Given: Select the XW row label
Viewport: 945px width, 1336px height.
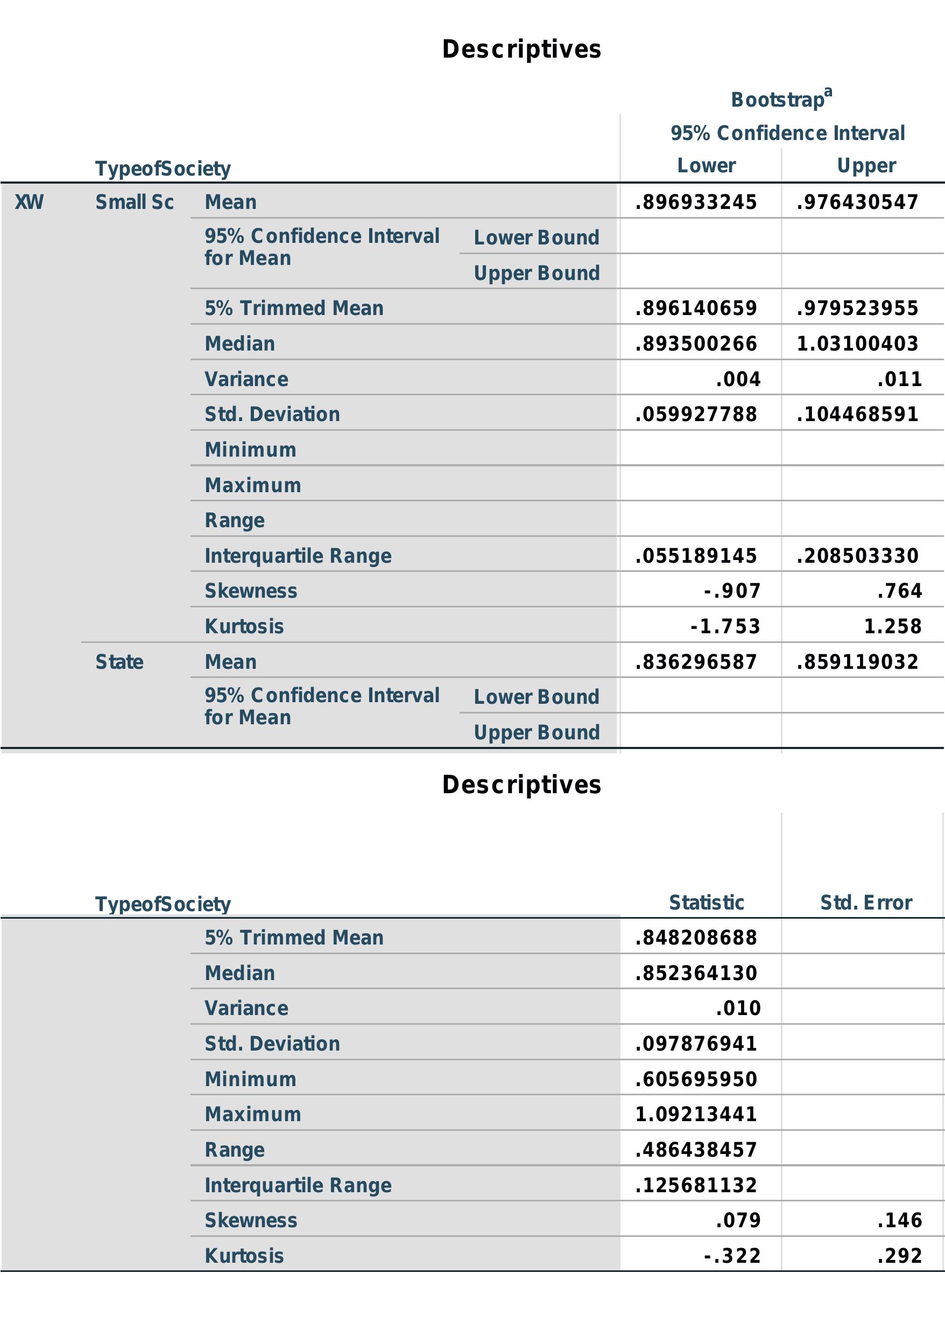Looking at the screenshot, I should (x=29, y=202).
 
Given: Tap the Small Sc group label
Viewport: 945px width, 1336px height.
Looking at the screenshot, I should (x=135, y=202).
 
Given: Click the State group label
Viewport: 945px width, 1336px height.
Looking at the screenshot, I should (x=119, y=662).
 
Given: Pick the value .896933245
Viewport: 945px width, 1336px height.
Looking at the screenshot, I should (x=696, y=202).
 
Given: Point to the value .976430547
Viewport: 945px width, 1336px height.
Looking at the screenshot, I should (x=857, y=202).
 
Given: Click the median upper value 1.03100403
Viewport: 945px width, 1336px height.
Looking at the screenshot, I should (x=857, y=344).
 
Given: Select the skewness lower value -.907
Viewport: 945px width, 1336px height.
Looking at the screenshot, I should (x=732, y=591).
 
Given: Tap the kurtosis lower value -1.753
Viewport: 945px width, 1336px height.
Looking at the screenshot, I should (x=725, y=626).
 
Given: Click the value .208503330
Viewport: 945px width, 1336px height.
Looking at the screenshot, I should (x=857, y=556).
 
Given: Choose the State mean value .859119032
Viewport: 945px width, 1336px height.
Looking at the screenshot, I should (x=857, y=662).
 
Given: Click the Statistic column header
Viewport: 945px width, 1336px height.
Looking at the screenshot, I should (x=707, y=903).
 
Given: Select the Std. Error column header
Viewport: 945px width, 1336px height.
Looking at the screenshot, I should (x=866, y=903).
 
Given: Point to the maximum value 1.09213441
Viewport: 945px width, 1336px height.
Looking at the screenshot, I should (x=696, y=1114).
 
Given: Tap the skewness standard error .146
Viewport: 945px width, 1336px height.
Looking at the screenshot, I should (x=900, y=1220).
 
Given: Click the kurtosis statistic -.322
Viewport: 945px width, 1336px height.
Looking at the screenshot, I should (x=732, y=1256).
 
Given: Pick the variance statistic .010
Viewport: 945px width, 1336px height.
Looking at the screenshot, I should (x=738, y=1008).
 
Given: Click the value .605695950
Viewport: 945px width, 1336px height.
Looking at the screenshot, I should (x=696, y=1079).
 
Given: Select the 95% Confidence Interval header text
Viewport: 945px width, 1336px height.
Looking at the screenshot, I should (x=787, y=134).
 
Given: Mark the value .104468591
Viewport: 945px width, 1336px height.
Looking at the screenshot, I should (x=857, y=414).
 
